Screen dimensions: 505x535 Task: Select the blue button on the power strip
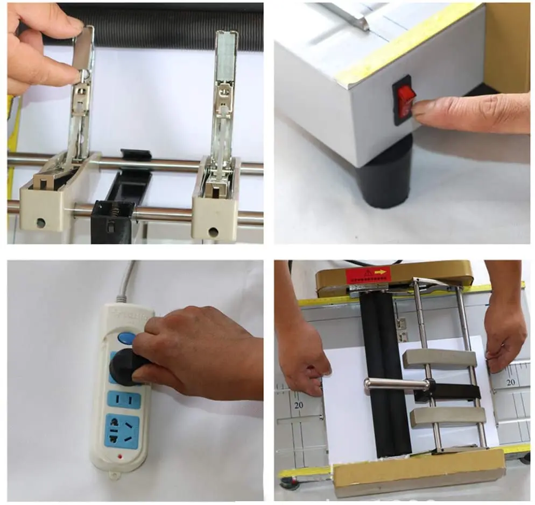pyautogui.click(x=126, y=338)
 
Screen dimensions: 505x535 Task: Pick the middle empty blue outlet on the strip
pyautogui.click(x=123, y=399)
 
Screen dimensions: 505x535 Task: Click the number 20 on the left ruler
pyautogui.click(x=299, y=406)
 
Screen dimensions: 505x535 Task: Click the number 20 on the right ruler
pyautogui.click(x=510, y=382)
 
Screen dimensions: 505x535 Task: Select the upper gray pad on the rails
pyautogui.click(x=439, y=359)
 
